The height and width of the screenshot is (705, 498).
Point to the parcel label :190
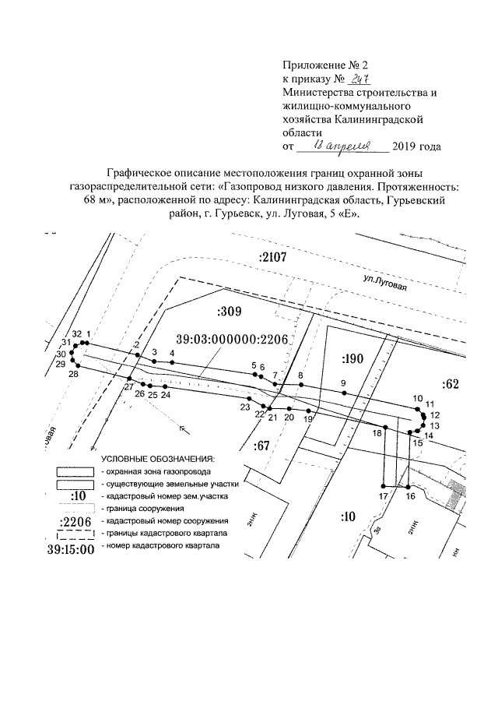click(x=353, y=359)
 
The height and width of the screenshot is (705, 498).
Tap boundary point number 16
click(x=410, y=483)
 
